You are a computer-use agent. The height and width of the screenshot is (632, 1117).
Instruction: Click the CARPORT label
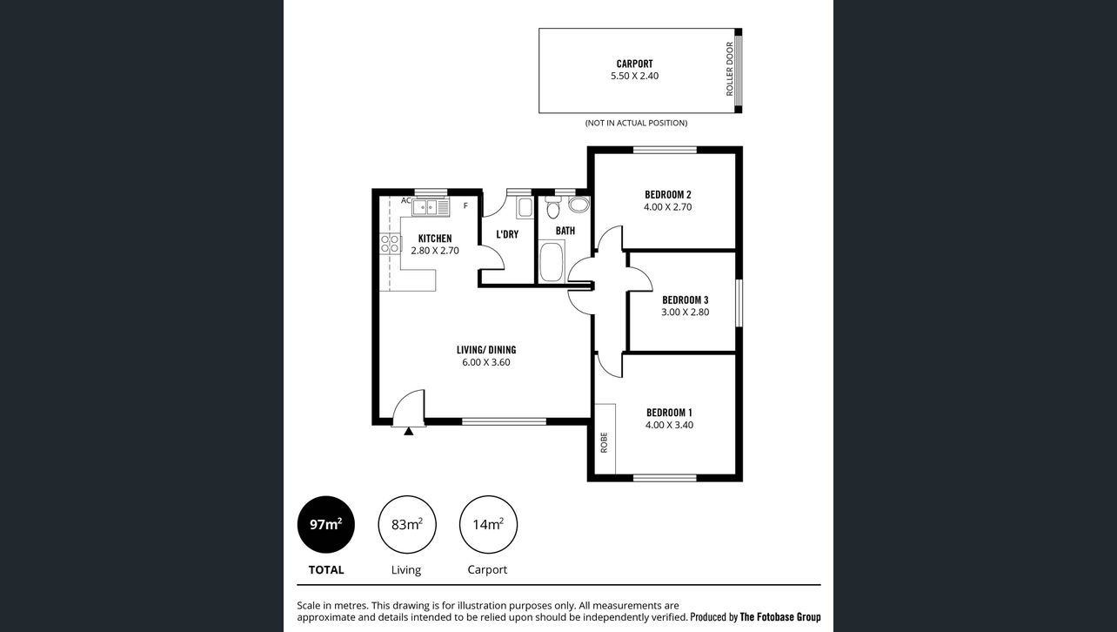coord(634,64)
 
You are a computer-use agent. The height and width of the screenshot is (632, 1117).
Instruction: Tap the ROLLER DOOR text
coord(730,69)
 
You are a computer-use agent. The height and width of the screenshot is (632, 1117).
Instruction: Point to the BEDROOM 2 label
coord(668,194)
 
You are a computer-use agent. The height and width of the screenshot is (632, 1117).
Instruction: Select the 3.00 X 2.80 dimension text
coord(686,313)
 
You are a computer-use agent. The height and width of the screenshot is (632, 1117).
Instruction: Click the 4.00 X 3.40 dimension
coord(669,425)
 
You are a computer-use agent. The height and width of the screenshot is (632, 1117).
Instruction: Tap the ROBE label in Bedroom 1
coord(604,442)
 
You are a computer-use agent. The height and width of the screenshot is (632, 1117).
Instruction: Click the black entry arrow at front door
coord(408,432)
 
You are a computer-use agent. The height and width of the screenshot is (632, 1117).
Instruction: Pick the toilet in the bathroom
coord(552,207)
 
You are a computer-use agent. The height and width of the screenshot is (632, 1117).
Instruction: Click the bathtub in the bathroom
coord(552,261)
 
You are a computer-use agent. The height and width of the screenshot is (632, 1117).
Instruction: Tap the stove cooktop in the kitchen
coord(391,244)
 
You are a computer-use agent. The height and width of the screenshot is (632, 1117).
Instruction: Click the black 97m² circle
coord(326,525)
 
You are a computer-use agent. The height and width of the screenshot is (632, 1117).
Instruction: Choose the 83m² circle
coord(407,525)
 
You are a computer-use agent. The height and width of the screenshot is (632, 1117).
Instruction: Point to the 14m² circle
coord(488,525)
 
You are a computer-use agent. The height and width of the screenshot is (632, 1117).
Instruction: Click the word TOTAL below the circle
coord(326,570)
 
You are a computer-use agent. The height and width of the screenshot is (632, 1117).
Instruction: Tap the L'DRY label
coord(507,234)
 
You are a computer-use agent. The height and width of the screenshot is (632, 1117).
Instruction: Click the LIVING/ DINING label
coord(486,350)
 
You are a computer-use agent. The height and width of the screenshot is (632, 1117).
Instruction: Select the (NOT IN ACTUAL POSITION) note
coord(636,123)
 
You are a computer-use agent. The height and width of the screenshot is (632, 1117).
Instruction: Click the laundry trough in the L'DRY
coord(525,208)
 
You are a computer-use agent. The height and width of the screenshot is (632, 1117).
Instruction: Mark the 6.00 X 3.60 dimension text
coord(486,363)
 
